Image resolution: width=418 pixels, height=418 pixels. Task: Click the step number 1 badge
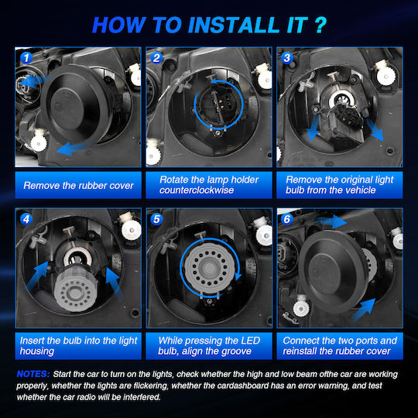coord(26,58)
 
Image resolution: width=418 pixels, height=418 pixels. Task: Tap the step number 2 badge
coord(156,58)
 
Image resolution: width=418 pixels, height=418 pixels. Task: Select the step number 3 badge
coord(287,58)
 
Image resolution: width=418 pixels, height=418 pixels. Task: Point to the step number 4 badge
coord(26,219)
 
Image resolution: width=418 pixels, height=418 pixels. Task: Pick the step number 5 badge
coord(156,219)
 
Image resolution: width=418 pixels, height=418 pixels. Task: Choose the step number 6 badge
coord(287,219)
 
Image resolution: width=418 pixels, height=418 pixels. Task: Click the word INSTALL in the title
coord(234,25)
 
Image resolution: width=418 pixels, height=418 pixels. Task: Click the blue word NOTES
coord(33,374)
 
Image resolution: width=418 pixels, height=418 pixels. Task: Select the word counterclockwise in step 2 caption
coord(197,190)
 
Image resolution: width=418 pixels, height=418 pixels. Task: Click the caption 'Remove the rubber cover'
coord(78,185)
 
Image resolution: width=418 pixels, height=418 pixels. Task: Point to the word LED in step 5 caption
coord(250,341)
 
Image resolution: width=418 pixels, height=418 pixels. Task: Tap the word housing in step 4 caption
coord(37,351)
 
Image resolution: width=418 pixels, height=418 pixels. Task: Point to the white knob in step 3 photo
coord(385,74)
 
